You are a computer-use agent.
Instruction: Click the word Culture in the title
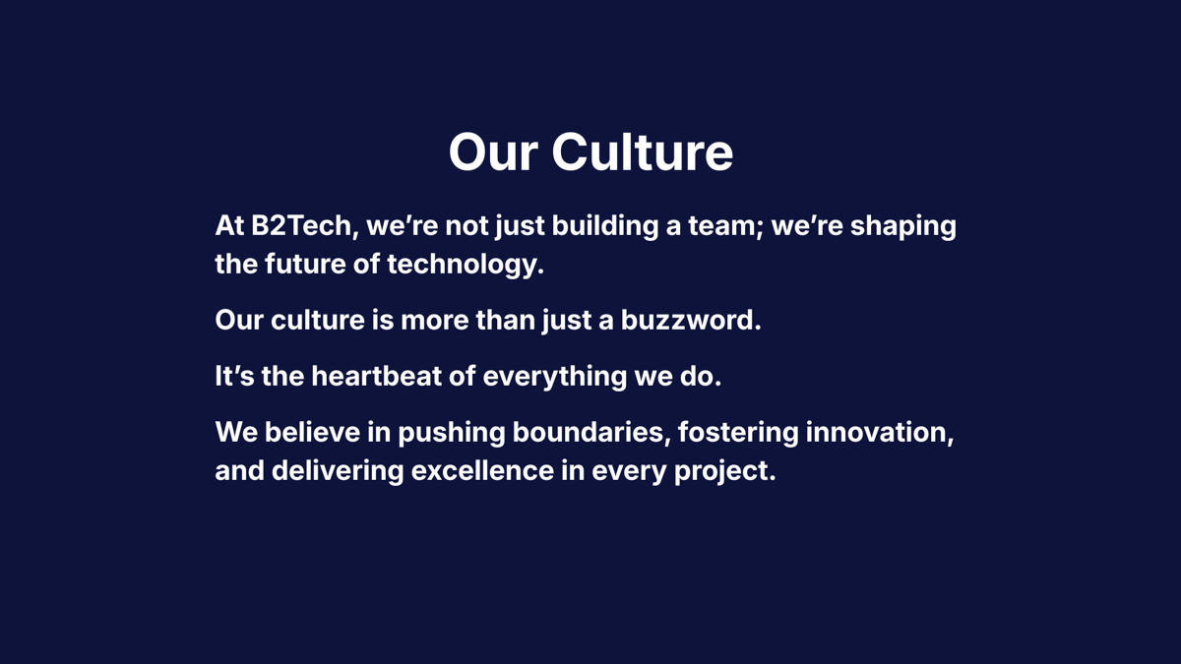[642, 152]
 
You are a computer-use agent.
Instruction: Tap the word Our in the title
[493, 152]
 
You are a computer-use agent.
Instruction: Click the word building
[605, 226]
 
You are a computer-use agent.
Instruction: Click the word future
[305, 264]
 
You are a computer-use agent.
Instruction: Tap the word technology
[466, 265]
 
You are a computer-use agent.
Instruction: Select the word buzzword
[691, 320]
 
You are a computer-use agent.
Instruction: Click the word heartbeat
[376, 376]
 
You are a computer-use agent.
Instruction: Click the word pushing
[452, 433]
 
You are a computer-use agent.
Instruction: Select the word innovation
[880, 432]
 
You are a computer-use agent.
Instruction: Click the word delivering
[338, 471]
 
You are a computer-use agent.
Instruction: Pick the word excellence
[482, 470]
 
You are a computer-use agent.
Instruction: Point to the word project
[725, 471]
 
